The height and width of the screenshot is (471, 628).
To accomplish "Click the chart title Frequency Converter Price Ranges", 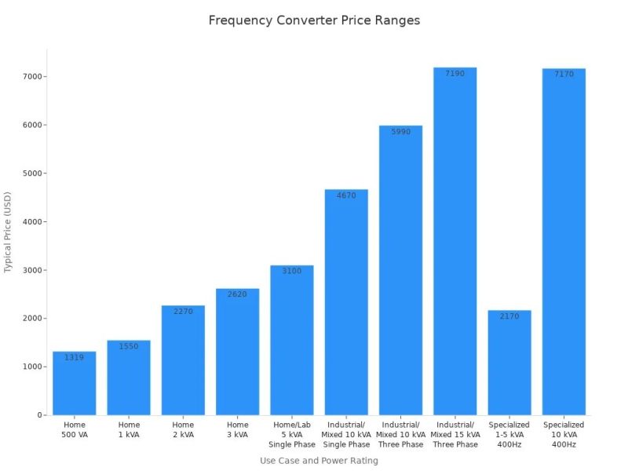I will point(314,20).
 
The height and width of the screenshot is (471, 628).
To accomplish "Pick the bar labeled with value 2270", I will point(183,360).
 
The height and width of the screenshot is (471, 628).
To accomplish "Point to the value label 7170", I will point(564,75).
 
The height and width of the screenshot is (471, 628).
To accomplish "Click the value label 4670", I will point(346,195).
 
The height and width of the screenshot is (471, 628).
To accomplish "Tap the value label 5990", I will point(400,132).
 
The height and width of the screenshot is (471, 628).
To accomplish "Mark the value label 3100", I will point(291,271).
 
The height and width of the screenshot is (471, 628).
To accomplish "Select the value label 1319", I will point(74,358).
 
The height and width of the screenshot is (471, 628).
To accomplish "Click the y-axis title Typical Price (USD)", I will point(9,232).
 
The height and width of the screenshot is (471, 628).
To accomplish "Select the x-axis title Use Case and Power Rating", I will point(319,461).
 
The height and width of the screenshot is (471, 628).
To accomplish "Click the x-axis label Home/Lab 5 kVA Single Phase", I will point(291,435).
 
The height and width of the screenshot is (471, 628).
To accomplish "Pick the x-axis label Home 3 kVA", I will point(237,429).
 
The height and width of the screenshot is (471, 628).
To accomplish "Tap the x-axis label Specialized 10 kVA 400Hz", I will point(564,435).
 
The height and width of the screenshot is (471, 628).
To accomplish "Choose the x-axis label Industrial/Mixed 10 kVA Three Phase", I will point(400,435).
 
